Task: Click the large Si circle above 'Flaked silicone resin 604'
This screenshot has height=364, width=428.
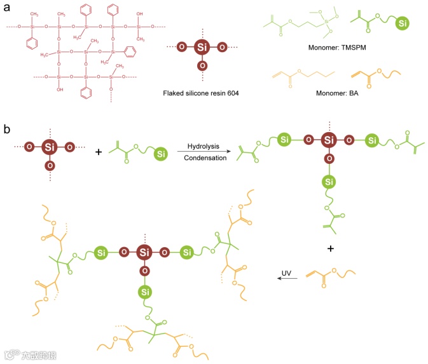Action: [x=202, y=47]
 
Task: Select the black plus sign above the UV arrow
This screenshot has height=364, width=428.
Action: [x=329, y=249]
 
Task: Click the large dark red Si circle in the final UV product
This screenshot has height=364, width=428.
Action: [x=143, y=253]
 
